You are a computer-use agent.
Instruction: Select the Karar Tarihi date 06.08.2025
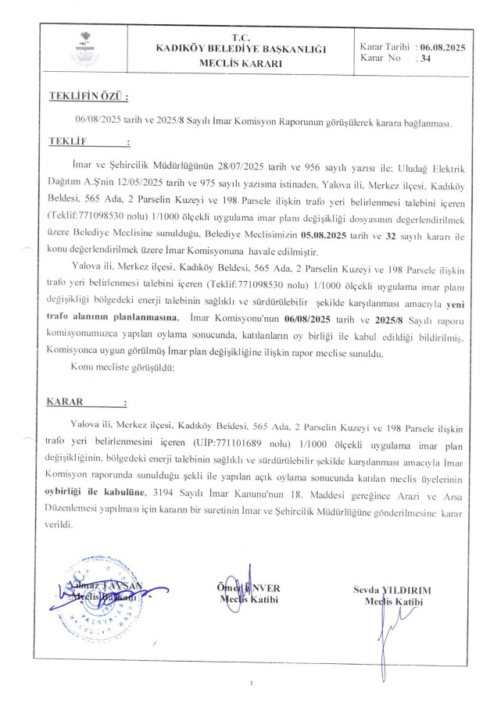pyautogui.click(x=442, y=48)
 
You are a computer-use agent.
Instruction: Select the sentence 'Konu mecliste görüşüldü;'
pyautogui.click(x=122, y=366)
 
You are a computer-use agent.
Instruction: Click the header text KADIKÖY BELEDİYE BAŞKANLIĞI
pyautogui.click(x=240, y=49)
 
